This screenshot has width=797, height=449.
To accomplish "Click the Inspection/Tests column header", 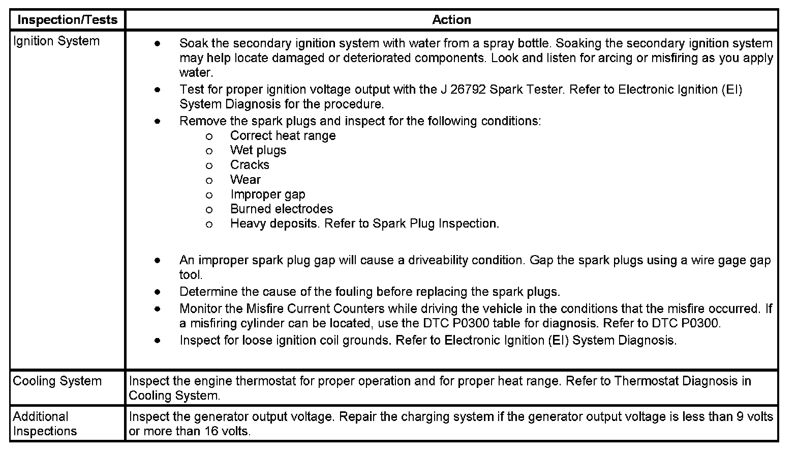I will [67, 20].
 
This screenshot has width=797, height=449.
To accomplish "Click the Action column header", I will [451, 20].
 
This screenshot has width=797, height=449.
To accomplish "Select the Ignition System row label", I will [56, 41].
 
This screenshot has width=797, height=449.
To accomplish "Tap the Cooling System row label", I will [57, 381].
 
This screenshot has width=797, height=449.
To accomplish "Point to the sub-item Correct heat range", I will [283, 136].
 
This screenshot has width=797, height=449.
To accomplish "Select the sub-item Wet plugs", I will [258, 151].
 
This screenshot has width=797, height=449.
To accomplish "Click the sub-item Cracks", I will [250, 165].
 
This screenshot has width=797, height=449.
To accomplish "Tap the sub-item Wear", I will [245, 180].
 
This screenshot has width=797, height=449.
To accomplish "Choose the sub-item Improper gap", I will [267, 194].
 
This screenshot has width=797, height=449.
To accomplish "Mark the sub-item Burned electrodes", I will [281, 209].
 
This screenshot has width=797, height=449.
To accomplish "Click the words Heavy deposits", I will [273, 224].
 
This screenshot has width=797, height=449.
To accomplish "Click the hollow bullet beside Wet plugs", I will [209, 151].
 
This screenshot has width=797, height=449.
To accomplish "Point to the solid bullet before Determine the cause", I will [158, 292].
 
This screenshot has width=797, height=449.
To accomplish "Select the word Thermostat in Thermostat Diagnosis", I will [646, 381].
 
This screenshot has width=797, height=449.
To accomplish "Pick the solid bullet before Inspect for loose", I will [158, 341].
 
